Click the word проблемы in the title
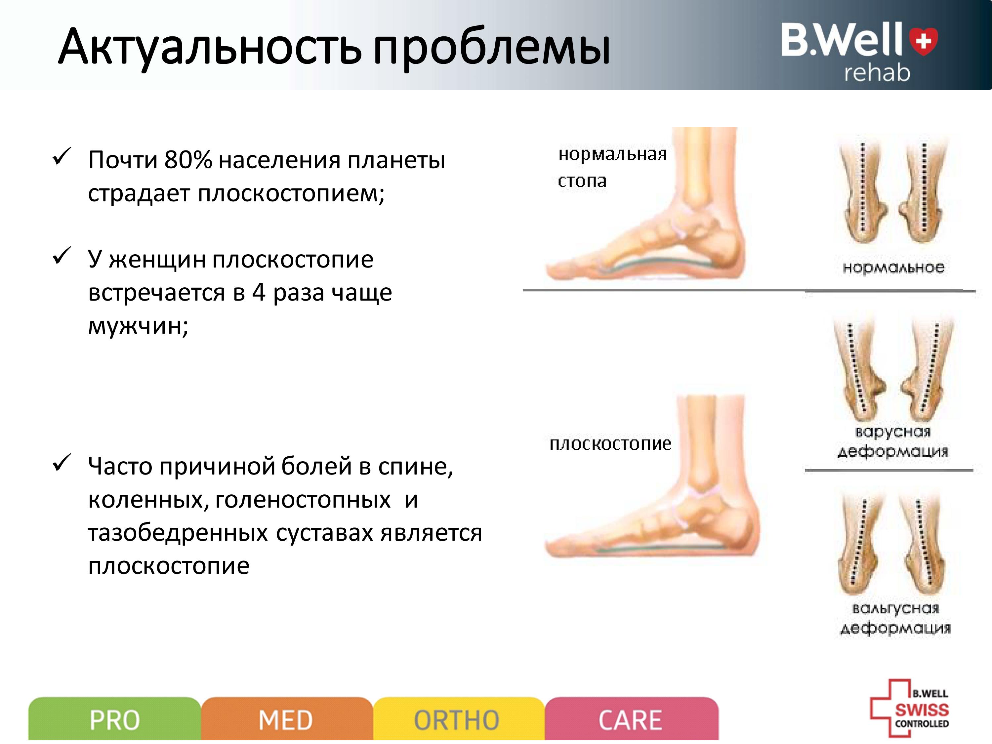[491, 49]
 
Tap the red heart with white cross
[923, 41]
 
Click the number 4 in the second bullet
[259, 292]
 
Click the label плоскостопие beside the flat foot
[610, 444]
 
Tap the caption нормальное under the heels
[893, 267]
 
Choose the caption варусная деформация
[893, 441]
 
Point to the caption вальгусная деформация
[895, 618]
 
